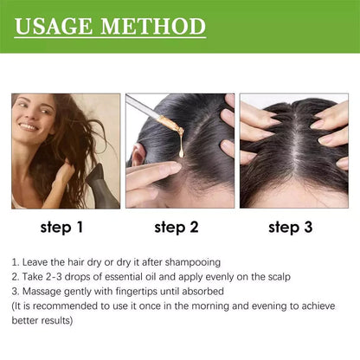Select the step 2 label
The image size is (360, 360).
pyautogui.click(x=177, y=228)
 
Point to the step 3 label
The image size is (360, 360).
pyautogui.click(x=290, y=228)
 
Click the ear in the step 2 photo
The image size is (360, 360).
pyautogui.click(x=138, y=157)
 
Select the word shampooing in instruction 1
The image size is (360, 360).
pyautogui.click(x=193, y=260)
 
